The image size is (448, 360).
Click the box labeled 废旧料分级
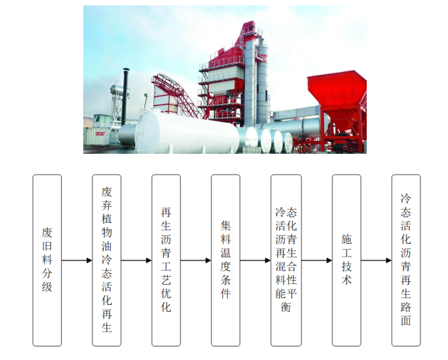47,260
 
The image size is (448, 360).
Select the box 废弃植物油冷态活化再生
107,260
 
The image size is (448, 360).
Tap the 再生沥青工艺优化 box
167,260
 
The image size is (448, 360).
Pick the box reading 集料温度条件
226,260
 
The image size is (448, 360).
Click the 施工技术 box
347,260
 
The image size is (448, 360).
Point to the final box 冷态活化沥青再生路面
406,260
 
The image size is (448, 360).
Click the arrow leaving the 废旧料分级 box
77,261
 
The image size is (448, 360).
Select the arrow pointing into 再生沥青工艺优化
136,261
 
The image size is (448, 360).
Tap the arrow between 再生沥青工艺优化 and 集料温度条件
196,261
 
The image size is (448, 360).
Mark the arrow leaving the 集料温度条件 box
255,261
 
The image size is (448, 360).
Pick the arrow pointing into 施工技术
316,261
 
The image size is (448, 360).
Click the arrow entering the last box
376,261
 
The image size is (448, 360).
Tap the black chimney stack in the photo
125,94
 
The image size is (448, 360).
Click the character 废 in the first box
47,233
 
